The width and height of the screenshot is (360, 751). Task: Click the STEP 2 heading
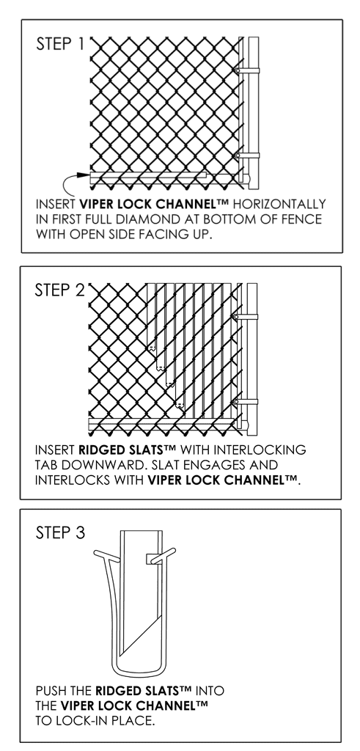59,290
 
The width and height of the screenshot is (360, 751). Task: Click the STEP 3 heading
60,532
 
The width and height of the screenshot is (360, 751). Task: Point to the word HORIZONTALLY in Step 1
279,204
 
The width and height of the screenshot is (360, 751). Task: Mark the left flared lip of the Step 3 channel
105,556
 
